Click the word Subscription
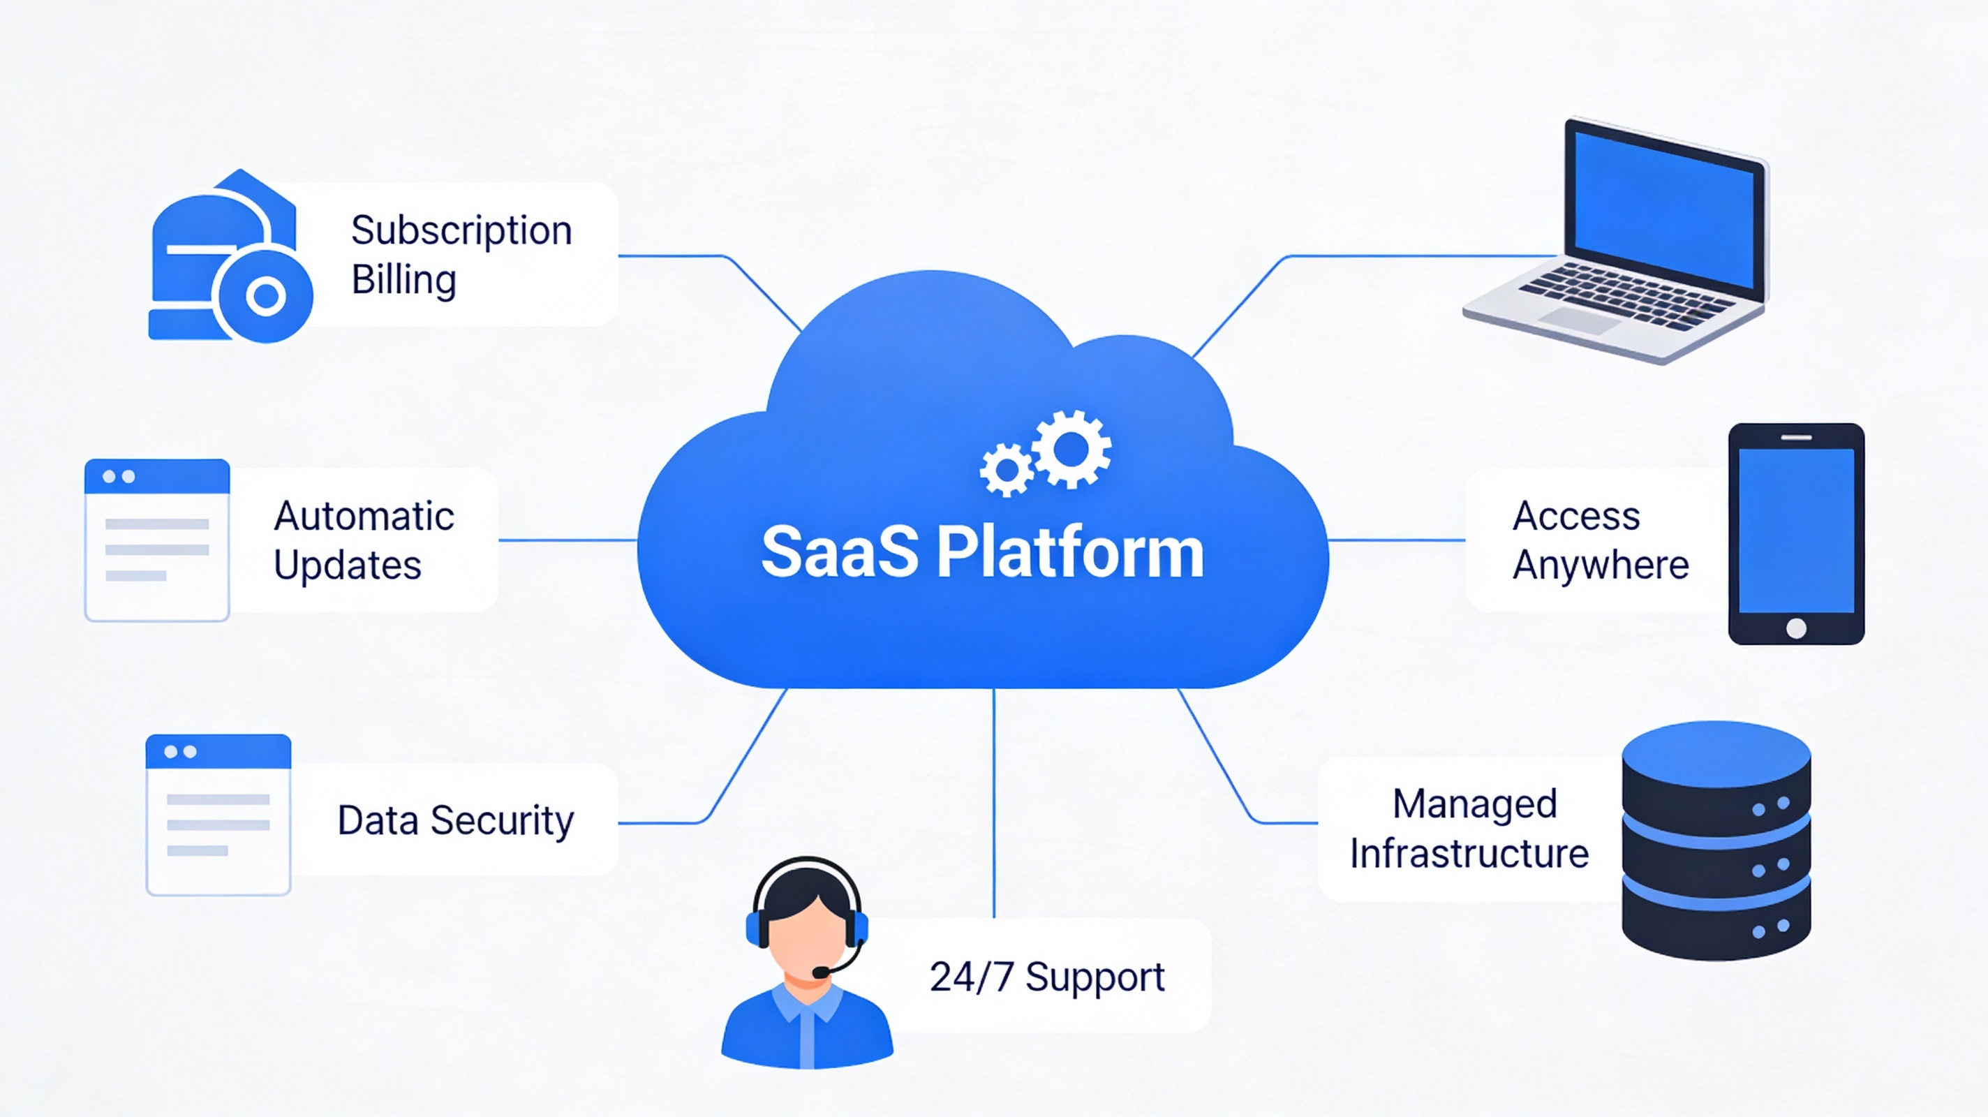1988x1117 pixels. point(461,231)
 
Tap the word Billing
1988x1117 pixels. point(403,279)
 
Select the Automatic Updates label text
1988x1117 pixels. point(363,540)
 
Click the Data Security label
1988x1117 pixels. point(455,820)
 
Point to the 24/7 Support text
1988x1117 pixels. point(1046,977)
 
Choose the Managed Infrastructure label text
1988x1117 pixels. point(1469,828)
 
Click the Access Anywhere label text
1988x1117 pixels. point(1600,540)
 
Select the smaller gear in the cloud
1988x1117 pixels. point(1007,469)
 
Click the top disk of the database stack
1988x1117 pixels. point(1716,753)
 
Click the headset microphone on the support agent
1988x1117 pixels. point(821,972)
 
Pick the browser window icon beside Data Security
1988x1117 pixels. point(218,815)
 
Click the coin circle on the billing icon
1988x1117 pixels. point(265,295)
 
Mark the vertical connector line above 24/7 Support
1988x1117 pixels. point(994,803)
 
